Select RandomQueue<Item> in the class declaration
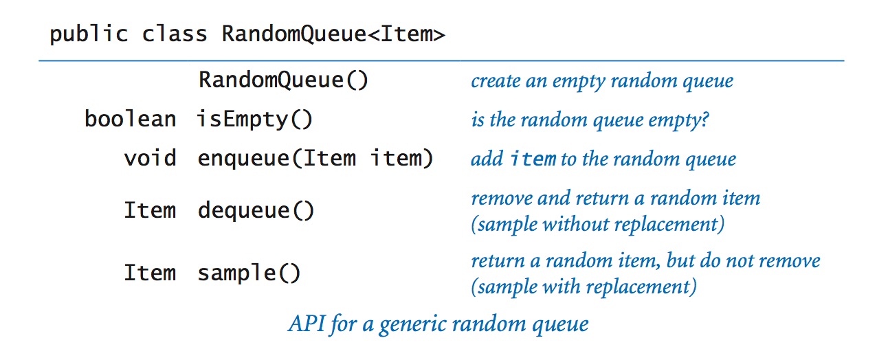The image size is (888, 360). [x=333, y=34]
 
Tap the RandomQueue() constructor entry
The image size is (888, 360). [x=283, y=80]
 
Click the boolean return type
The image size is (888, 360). [x=130, y=120]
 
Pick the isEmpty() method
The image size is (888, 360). [x=255, y=120]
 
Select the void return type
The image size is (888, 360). [x=150, y=159]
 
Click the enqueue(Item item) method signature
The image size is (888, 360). [x=315, y=159]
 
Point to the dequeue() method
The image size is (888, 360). [x=256, y=210]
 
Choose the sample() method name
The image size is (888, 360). [x=249, y=273]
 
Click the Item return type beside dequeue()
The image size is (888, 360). [x=150, y=210]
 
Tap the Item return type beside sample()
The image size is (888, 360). [x=150, y=273]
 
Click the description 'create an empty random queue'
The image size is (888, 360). [x=602, y=81]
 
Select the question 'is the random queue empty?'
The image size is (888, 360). [x=590, y=120]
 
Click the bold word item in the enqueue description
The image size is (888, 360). [x=533, y=159]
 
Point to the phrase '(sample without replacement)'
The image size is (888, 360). [x=597, y=225]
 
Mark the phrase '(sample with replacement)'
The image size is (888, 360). [x=584, y=286]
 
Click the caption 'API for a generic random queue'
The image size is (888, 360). [x=437, y=324]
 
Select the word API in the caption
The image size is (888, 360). [x=304, y=324]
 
